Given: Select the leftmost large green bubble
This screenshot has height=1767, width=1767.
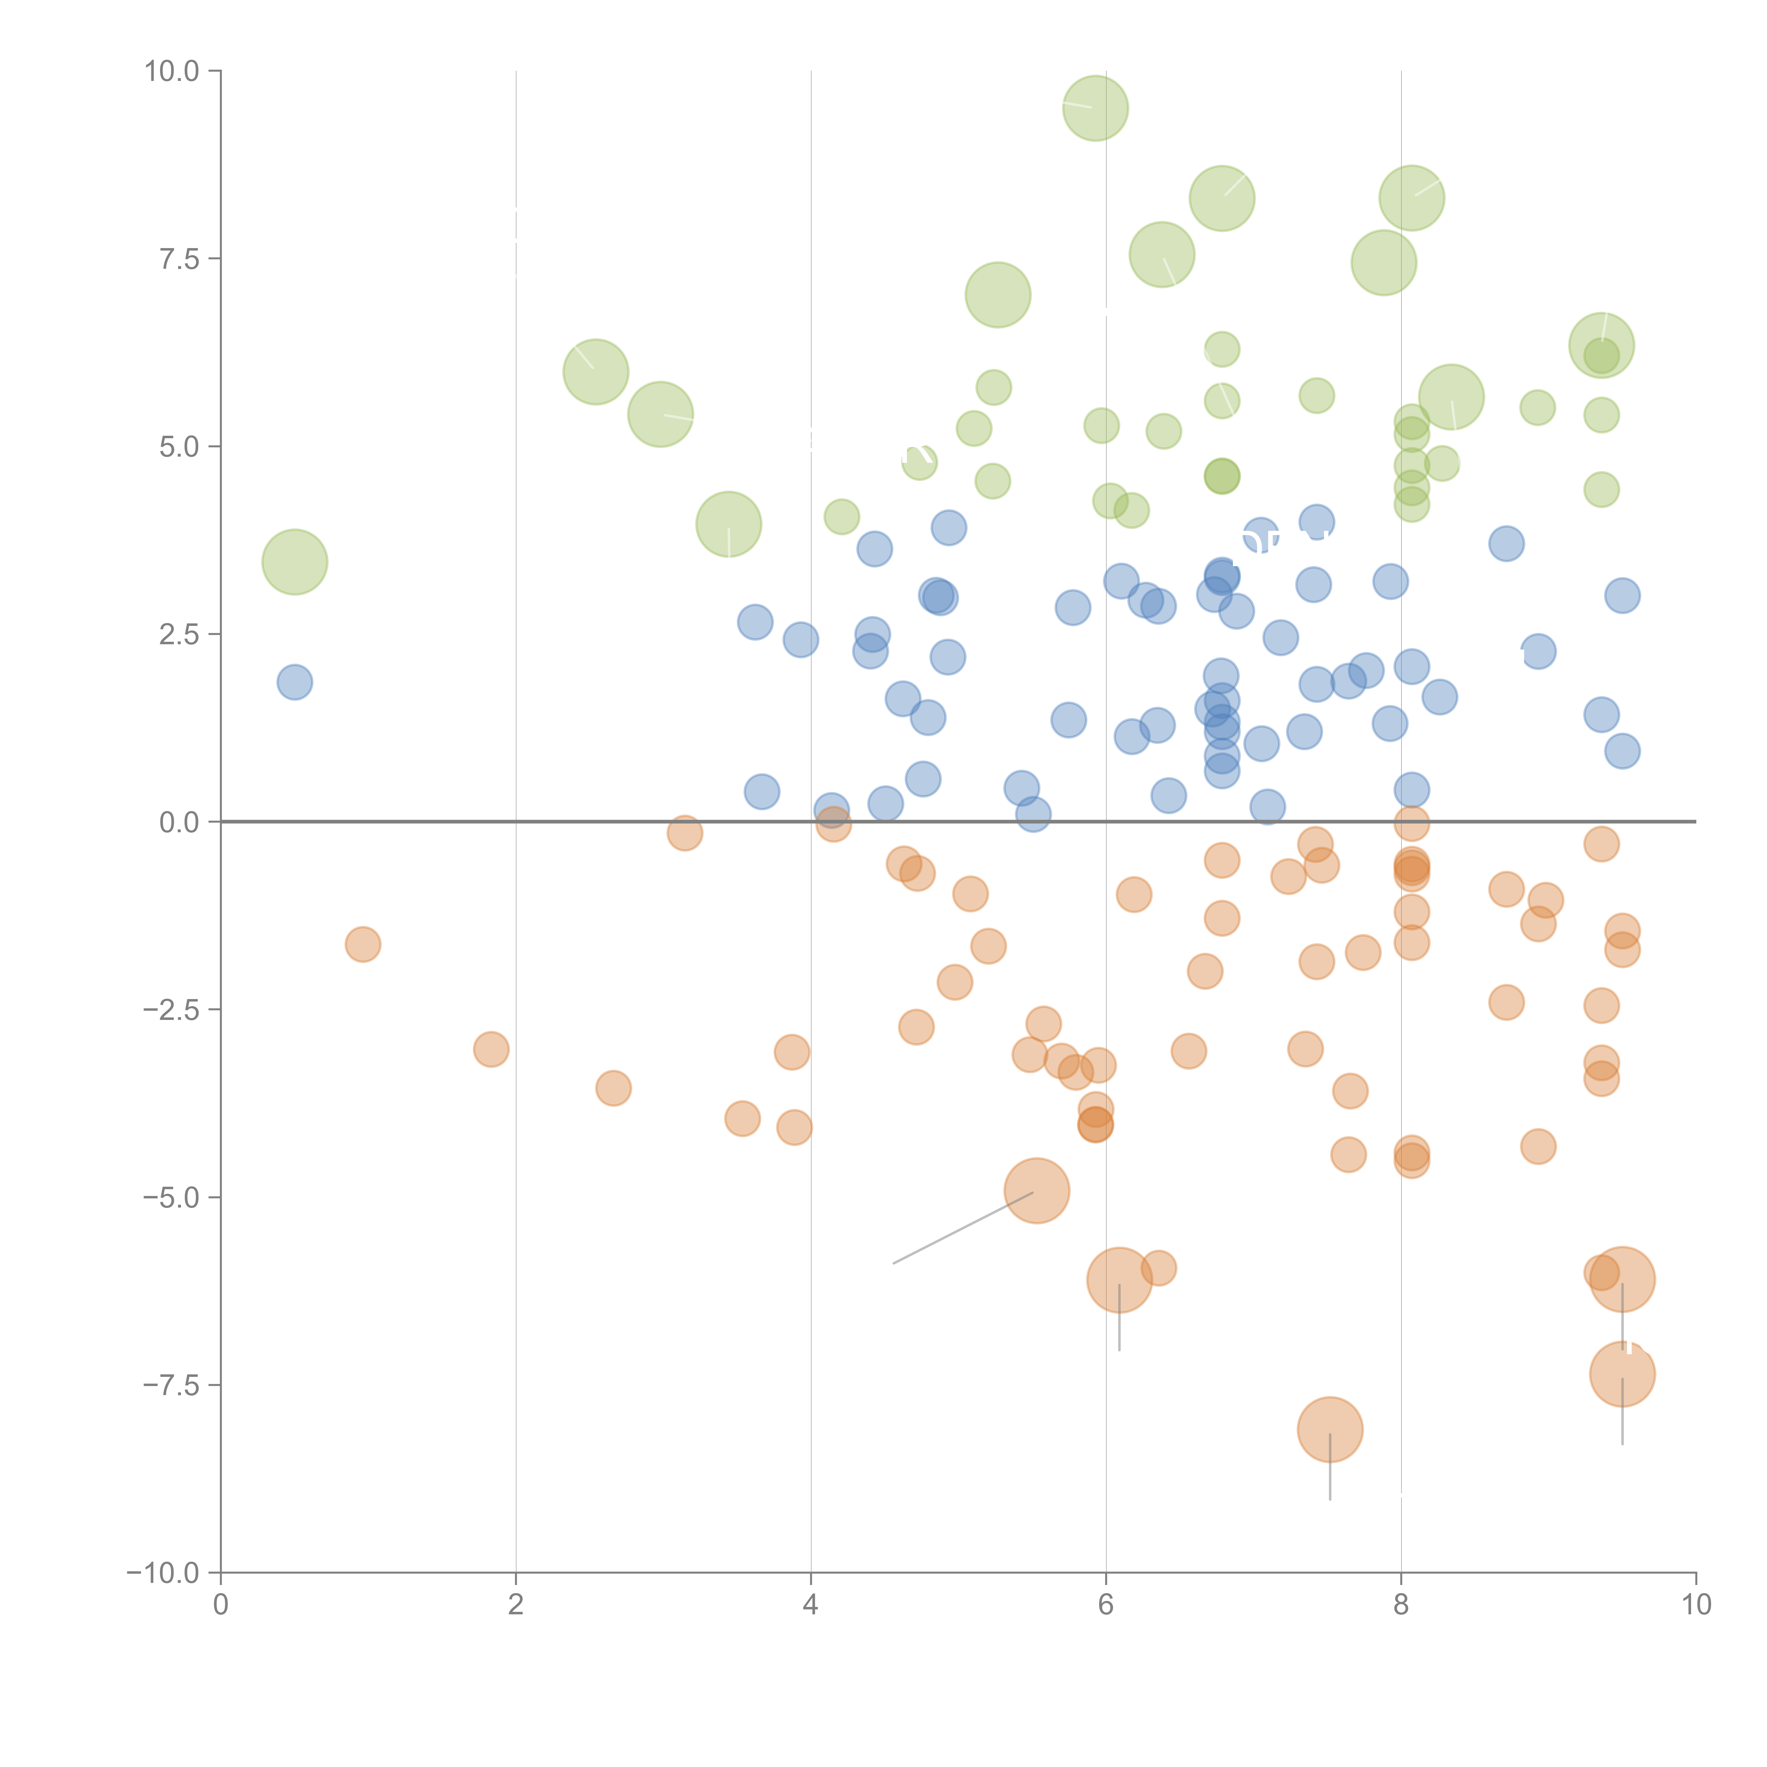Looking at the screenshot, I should [294, 562].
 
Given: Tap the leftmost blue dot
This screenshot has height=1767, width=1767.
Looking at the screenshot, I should [294, 681].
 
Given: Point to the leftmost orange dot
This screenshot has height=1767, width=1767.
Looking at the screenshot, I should [363, 944].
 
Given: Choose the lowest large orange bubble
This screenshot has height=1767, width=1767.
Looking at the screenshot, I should [1330, 1430].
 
